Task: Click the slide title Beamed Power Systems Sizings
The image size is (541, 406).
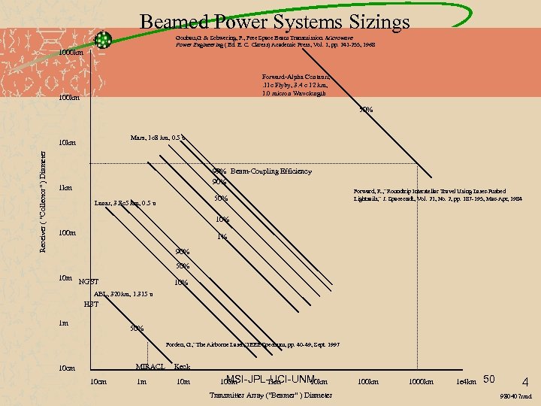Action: [274, 22]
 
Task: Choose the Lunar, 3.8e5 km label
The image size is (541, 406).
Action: [125, 203]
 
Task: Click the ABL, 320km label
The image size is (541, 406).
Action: [124, 294]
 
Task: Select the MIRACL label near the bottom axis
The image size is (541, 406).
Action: [150, 367]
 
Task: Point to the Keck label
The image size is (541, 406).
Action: [182, 367]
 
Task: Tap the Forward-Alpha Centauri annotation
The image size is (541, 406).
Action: [295, 85]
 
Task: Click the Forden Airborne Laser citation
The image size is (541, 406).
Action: [252, 344]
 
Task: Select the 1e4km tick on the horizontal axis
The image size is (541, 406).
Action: [466, 382]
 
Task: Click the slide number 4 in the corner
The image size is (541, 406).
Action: [524, 380]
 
